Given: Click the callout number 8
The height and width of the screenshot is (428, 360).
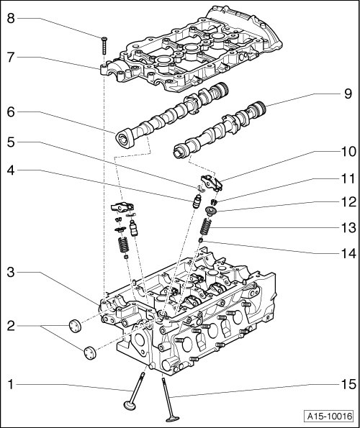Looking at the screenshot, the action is pyautogui.click(x=11, y=19).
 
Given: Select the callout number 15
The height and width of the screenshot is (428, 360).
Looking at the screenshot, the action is pyautogui.click(x=348, y=384).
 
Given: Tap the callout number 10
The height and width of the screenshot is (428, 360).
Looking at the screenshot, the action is pyautogui.click(x=348, y=151).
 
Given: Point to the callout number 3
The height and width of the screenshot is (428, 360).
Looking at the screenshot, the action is pyautogui.click(x=11, y=272).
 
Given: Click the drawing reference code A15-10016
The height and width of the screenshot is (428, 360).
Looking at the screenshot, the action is pyautogui.click(x=329, y=416).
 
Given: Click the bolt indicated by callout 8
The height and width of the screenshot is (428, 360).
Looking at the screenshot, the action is pyautogui.click(x=104, y=45).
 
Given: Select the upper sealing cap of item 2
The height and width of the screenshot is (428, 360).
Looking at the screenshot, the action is pyautogui.click(x=75, y=326).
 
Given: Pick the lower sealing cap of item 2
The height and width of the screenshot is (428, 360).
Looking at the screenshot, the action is pyautogui.click(x=89, y=352).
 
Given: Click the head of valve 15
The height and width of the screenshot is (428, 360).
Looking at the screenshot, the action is pyautogui.click(x=173, y=419).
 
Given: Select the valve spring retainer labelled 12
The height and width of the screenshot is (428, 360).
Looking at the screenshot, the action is pyautogui.click(x=210, y=211).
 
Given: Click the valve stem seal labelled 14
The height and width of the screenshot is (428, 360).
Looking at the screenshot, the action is pyautogui.click(x=201, y=240).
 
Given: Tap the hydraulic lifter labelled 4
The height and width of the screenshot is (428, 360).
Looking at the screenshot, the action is pyautogui.click(x=196, y=202).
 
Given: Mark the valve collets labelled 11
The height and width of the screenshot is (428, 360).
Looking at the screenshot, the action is pyautogui.click(x=214, y=202).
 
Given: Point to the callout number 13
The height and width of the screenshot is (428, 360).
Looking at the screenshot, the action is pyautogui.click(x=348, y=227).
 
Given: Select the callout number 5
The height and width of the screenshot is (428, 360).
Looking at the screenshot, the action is pyautogui.click(x=11, y=142).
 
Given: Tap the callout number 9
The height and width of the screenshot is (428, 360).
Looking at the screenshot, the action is pyautogui.click(x=348, y=94).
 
